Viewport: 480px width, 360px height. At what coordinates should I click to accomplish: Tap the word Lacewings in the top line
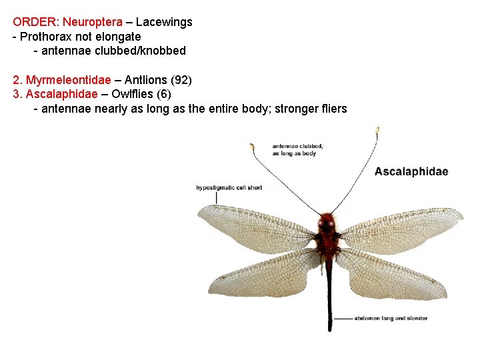click(x=164, y=22)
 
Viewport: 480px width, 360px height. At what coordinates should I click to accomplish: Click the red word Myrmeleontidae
click(x=68, y=80)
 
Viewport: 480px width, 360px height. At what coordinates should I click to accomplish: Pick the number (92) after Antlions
click(x=181, y=80)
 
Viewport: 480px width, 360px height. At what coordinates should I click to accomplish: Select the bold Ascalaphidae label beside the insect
click(x=411, y=172)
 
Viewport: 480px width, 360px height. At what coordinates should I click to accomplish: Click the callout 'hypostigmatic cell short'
click(x=229, y=187)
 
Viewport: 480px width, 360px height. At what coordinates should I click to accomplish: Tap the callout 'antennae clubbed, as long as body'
click(x=298, y=149)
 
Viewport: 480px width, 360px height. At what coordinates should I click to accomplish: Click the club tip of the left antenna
click(x=253, y=147)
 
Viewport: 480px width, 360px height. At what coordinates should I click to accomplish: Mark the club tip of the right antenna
click(x=377, y=130)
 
